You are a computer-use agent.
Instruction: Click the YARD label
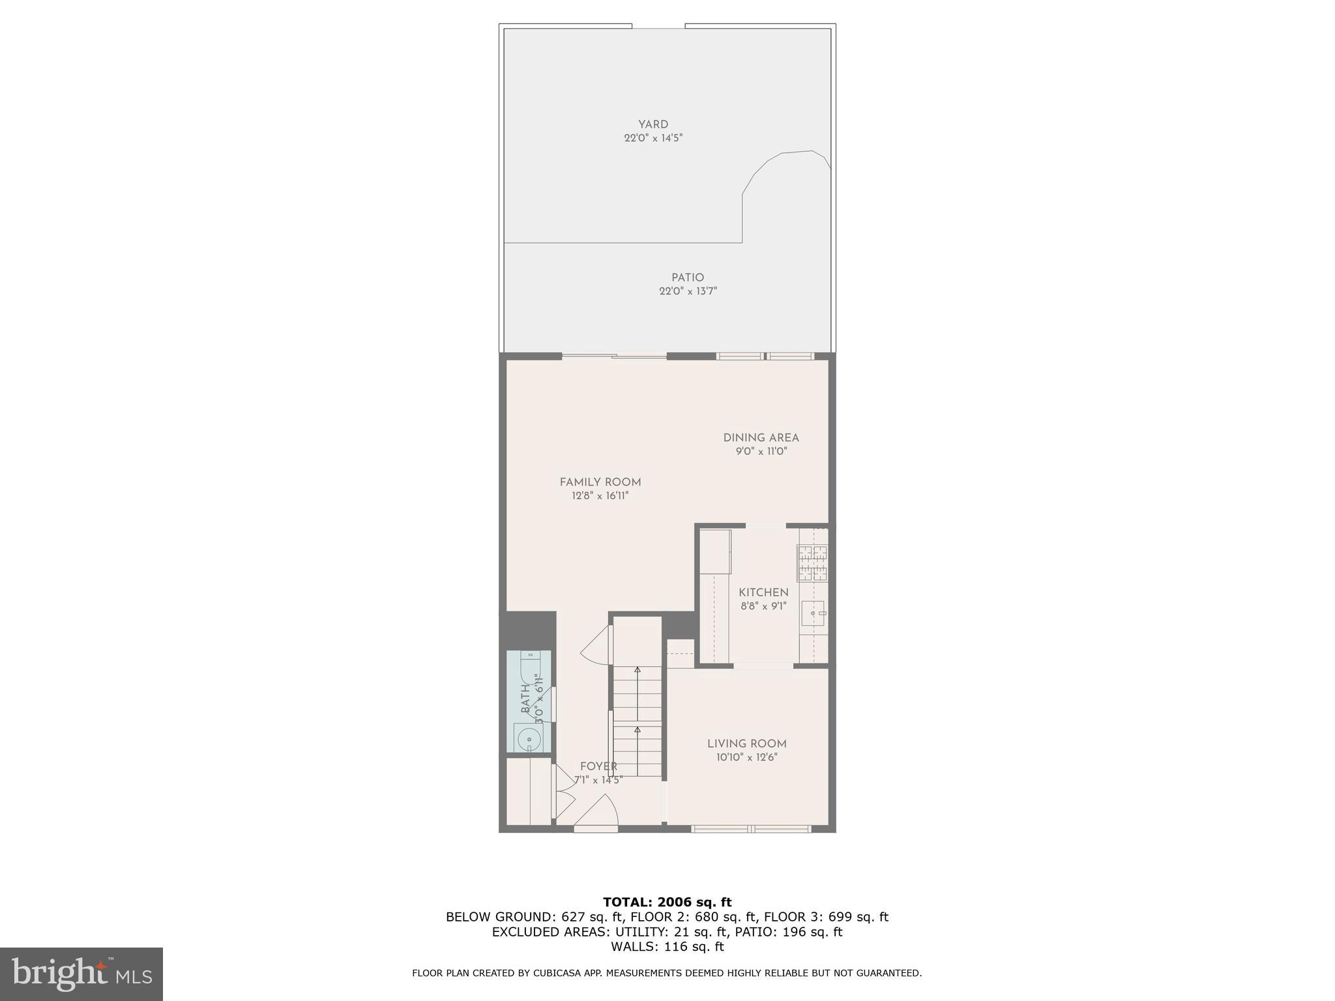tap(653, 124)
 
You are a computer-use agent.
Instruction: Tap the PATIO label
tap(688, 278)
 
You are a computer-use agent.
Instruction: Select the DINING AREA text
tap(761, 438)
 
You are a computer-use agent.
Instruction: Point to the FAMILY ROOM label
tap(600, 482)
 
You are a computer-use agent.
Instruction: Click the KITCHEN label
tap(763, 592)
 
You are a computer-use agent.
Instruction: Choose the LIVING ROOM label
tap(746, 744)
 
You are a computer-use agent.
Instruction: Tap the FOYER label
tap(598, 766)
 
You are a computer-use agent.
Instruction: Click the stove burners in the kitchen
tap(812, 563)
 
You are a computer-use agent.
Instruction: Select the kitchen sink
tap(812, 613)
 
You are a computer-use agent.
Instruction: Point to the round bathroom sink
tap(528, 739)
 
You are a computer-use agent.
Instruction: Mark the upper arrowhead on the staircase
tap(637, 670)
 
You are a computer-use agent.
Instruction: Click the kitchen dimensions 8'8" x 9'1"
tap(763, 606)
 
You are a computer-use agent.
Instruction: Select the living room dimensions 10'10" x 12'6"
tap(746, 757)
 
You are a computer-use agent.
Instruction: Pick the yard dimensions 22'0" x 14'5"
tap(653, 138)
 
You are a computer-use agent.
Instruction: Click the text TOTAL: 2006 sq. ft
tap(667, 903)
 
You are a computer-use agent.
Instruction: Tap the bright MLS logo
tap(81, 974)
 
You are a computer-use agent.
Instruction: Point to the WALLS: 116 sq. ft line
tap(667, 947)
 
